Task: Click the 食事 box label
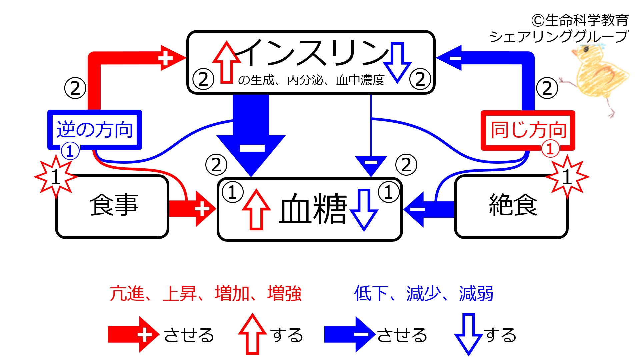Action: pos(114,205)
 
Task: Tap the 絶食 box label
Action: pos(513,205)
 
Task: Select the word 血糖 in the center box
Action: pos(313,209)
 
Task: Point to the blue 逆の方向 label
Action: pos(95,130)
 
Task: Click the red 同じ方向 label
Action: pos(528,130)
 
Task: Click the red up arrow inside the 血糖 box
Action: pos(256,209)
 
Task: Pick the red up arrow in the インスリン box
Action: pos(227,62)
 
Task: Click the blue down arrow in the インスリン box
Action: pos(397,62)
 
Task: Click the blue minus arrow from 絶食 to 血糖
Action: pos(428,209)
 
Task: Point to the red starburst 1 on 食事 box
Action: pos(56,177)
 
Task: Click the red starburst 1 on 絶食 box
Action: pos(567,177)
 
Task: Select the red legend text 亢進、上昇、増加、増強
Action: pos(205,294)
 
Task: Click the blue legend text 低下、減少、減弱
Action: pos(423,294)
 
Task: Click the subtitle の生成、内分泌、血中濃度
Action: pos(311,80)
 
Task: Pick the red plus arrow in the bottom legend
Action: pos(133,334)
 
